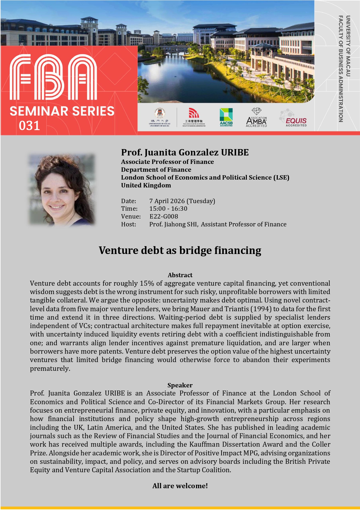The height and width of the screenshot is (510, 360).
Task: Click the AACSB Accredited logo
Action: coord(226,117)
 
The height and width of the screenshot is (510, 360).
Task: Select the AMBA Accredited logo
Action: coord(256,117)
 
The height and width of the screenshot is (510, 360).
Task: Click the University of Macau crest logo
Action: coord(160,117)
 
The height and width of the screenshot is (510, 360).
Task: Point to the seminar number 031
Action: coord(29,126)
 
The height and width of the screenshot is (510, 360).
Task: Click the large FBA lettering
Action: coord(53,77)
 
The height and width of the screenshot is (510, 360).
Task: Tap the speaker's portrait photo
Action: coord(62,190)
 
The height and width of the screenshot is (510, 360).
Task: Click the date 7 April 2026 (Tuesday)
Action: coord(182,201)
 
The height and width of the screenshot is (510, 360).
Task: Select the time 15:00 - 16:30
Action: coord(168,209)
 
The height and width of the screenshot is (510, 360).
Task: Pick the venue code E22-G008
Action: coord(164,216)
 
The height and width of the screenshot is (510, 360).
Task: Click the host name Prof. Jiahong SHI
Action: coord(173,224)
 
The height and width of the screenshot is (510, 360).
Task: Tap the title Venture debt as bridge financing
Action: coord(180,250)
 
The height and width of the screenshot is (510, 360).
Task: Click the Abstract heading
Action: coord(180,275)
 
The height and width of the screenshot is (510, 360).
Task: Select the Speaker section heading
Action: coord(180,385)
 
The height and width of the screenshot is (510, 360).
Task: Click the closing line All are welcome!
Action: coord(180,486)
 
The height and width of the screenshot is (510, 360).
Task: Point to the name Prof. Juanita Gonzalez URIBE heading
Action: coord(185,152)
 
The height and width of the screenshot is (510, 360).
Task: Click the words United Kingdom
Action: coord(146,185)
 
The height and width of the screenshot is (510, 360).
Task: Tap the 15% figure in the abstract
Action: coord(147,283)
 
